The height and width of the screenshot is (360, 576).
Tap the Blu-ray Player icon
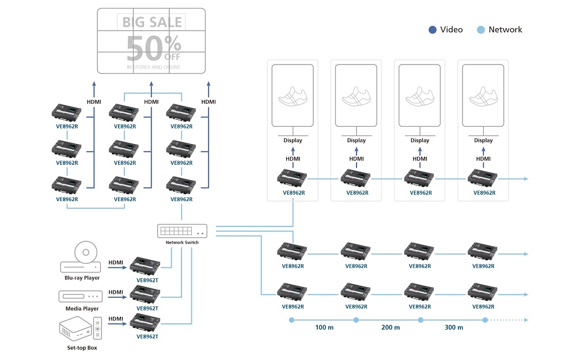(x=81, y=259)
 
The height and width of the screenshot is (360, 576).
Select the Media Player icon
(x=80, y=295)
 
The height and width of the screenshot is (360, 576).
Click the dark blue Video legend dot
(x=433, y=30)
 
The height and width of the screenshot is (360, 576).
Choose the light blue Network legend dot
(x=481, y=30)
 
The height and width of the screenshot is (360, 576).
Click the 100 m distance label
(x=324, y=328)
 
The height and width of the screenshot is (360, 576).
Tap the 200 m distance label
(x=390, y=328)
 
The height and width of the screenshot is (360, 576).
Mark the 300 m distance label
(x=453, y=328)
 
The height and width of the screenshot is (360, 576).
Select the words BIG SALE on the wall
(x=152, y=22)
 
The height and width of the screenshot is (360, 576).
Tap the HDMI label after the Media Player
(x=116, y=292)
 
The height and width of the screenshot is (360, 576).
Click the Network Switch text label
(x=182, y=242)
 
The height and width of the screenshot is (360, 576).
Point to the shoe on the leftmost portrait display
(x=293, y=96)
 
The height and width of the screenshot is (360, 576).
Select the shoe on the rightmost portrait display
(x=483, y=96)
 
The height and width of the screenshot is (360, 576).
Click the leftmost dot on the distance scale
(x=291, y=320)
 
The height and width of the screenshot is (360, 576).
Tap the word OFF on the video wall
(x=172, y=57)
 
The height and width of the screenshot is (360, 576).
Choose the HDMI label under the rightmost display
(x=483, y=158)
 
